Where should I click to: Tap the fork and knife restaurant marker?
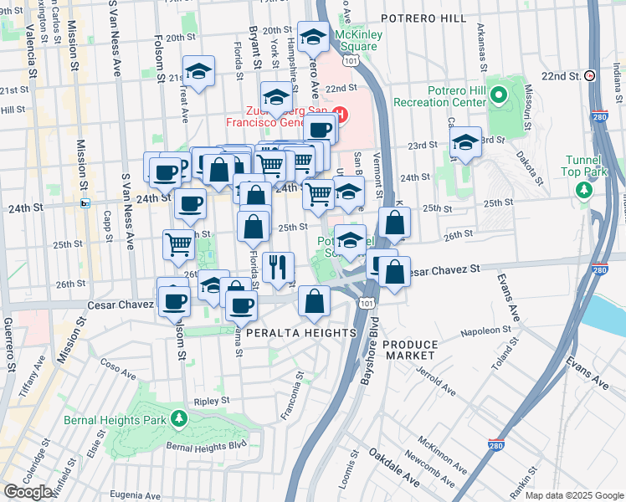pos(279,268)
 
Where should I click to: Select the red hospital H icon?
pos(340,112)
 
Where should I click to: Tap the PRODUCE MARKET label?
pos(410,351)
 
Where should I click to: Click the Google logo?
pos(28,492)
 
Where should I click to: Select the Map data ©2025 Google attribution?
pos(574,495)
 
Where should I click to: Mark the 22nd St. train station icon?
pos(590,75)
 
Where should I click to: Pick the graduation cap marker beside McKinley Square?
pos(313,38)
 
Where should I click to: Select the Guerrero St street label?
pos(9,343)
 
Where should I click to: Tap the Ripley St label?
pos(212,401)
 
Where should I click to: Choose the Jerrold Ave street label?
pos(437,377)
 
